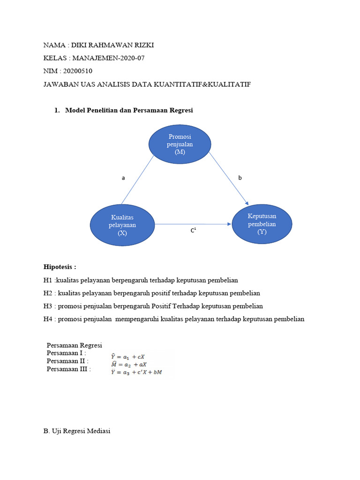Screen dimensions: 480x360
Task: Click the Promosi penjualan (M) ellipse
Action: click(x=180, y=144)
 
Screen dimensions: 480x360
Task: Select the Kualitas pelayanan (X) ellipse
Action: click(x=122, y=225)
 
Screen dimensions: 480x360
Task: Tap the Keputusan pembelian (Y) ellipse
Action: click(x=262, y=224)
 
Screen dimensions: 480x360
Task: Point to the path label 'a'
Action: click(x=123, y=178)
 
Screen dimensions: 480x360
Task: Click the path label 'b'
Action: click(x=240, y=178)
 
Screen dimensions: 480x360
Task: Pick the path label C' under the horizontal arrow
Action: click(x=193, y=231)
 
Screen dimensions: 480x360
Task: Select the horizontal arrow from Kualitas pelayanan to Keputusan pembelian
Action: click(x=192, y=224)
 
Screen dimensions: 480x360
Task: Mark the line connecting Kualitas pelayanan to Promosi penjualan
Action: click(x=138, y=180)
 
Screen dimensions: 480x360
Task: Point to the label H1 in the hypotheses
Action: click(x=48, y=280)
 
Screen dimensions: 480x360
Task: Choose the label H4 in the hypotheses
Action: click(x=48, y=319)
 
